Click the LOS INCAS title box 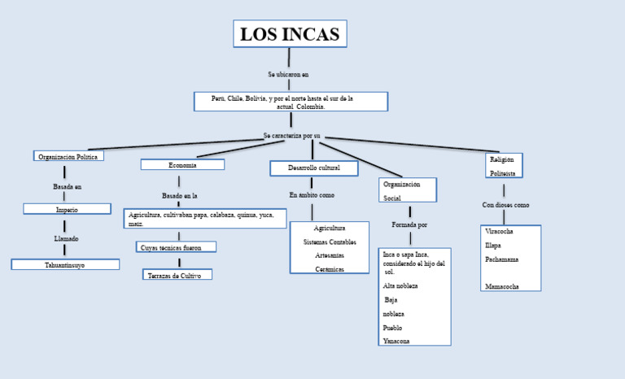[290, 34]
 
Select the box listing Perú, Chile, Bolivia [291, 102]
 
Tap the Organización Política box [68, 156]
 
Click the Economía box [182, 164]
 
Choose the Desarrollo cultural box [314, 168]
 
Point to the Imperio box [67, 209]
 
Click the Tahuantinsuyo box [65, 264]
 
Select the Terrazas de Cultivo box [177, 276]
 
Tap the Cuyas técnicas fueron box [176, 246]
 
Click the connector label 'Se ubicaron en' [288, 74]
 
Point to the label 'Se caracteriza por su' [292, 135]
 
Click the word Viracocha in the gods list [499, 231]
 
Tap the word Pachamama [501, 259]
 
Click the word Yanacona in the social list [396, 341]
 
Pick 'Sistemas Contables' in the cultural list [330, 242]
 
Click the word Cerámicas [330, 268]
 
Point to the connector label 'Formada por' [409, 224]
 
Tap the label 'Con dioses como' [505, 205]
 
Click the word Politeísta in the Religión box [503, 173]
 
